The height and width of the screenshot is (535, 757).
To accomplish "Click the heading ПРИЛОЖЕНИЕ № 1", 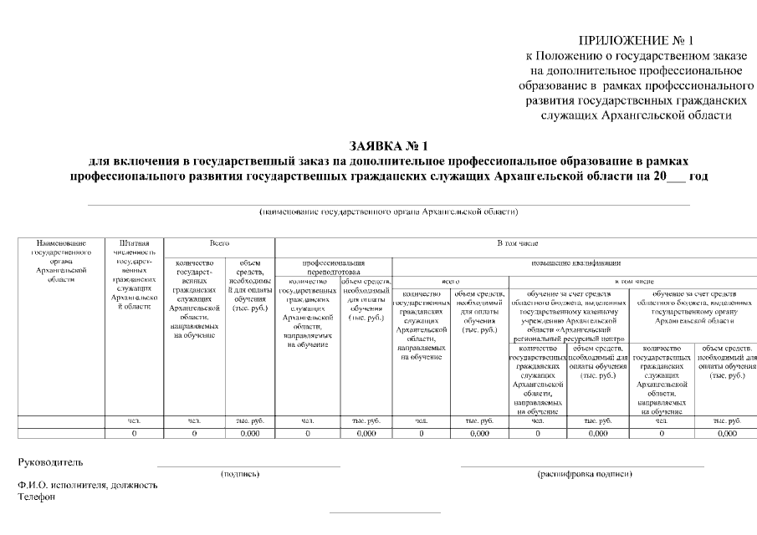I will pyautogui.click(x=637, y=40).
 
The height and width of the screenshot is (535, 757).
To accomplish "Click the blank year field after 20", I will pyautogui.click(x=673, y=176).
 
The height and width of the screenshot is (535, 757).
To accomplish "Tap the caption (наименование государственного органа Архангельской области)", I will pyautogui.click(x=388, y=212).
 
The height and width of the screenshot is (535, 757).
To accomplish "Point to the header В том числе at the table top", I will pyautogui.click(x=516, y=242).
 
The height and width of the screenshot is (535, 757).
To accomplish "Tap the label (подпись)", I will pyautogui.click(x=240, y=474).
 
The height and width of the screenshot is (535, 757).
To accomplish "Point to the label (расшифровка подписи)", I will pyautogui.click(x=585, y=474).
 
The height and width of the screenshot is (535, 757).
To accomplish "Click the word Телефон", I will pyautogui.click(x=37, y=497).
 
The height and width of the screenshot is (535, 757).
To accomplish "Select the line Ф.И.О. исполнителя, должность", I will pyautogui.click(x=87, y=486).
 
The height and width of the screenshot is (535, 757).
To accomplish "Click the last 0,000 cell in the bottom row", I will pyautogui.click(x=726, y=434).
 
